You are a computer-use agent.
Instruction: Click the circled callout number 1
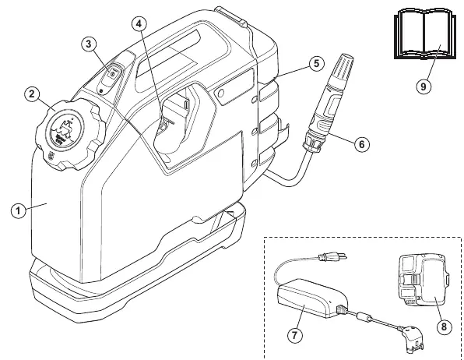(19, 211)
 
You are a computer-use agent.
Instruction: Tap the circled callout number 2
(32, 94)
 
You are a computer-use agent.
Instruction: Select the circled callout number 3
(89, 44)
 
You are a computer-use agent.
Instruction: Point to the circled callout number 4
(139, 23)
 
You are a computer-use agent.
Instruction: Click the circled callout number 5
(317, 63)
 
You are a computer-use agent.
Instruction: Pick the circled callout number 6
(362, 144)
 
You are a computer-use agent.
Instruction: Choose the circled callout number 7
(295, 335)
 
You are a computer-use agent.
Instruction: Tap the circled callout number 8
(445, 326)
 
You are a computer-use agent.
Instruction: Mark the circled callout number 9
(424, 86)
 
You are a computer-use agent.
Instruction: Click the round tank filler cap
(70, 135)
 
